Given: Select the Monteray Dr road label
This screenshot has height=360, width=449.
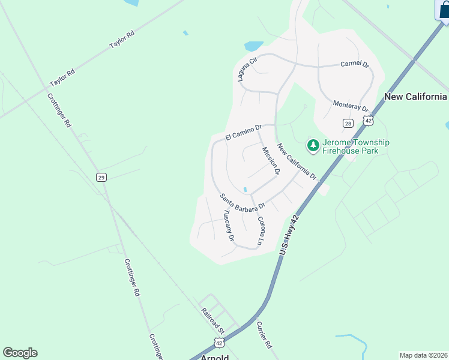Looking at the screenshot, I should [351, 106].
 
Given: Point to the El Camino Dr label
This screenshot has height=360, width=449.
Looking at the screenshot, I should [244, 133].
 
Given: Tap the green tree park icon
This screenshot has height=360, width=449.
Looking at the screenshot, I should [313, 145].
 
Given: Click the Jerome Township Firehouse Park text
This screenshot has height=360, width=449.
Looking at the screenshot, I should [356, 146].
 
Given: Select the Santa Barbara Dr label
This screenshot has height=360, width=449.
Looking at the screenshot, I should [241, 202].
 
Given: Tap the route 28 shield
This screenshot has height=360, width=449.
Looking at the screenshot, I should [348, 123].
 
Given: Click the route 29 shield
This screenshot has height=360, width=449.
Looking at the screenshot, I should [101, 177].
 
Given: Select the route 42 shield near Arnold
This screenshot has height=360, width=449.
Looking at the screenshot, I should [220, 342].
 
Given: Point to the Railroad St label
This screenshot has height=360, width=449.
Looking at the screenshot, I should [212, 321].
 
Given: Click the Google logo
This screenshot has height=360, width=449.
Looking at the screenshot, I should [20, 353].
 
